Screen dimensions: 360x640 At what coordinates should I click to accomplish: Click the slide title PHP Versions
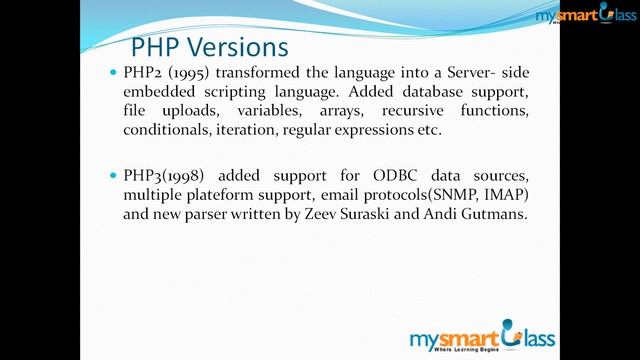point(209,48)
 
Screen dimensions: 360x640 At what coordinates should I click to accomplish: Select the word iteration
point(246,130)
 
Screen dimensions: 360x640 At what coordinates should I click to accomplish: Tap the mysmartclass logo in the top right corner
point(585,17)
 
